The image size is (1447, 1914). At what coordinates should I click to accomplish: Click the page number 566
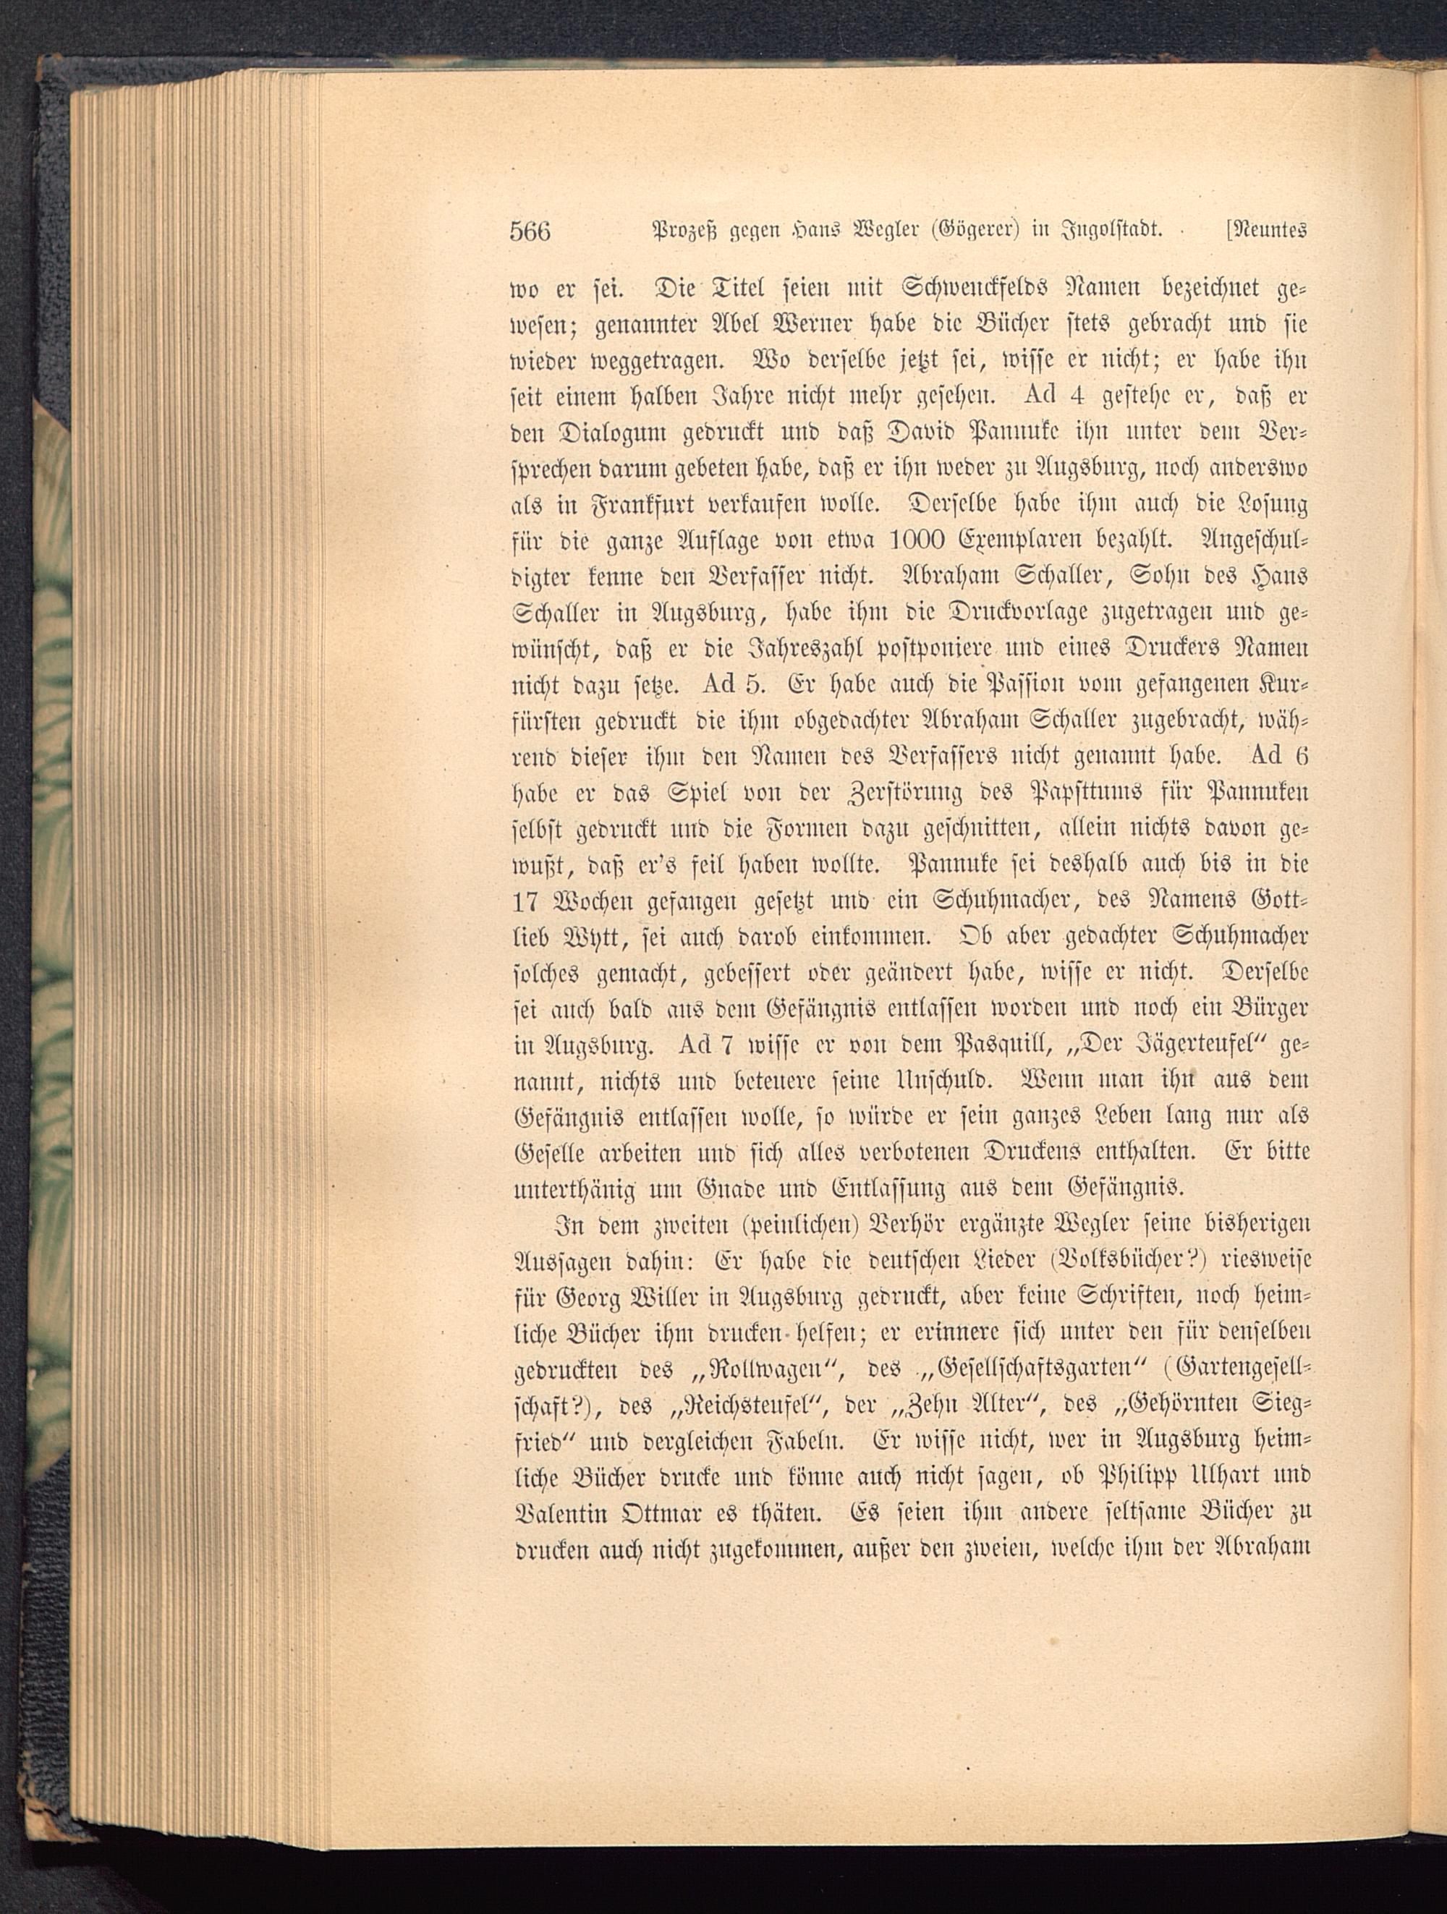(530, 233)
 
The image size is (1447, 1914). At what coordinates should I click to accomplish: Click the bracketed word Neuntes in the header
(1265, 232)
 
